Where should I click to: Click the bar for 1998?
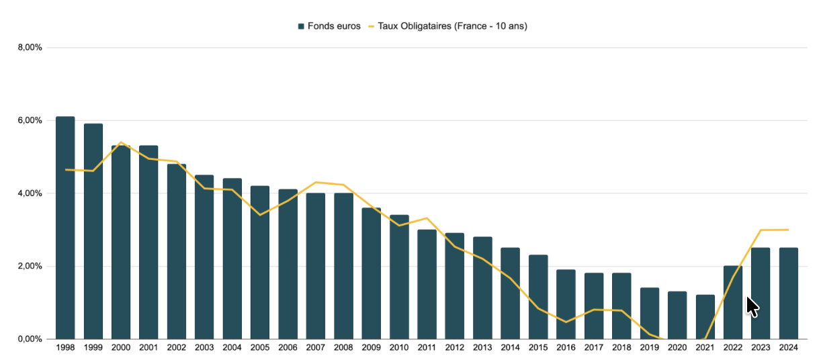[65, 228]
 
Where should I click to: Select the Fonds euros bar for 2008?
[343, 266]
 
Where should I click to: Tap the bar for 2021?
[705, 316]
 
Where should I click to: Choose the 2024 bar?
[788, 293]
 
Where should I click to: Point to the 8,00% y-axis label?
[31, 48]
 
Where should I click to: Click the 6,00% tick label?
[31, 120]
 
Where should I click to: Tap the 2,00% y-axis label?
[31, 266]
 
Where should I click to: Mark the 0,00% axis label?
[31, 339]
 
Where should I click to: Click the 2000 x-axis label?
[121, 348]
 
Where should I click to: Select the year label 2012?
[455, 348]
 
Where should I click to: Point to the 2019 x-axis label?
[650, 348]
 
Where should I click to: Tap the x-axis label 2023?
[761, 348]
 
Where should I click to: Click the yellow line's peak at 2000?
[121, 142]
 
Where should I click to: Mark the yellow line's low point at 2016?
[566, 322]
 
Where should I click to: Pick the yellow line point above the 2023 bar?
[761, 230]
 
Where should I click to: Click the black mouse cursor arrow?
[752, 306]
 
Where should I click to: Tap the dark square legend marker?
[302, 26]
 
